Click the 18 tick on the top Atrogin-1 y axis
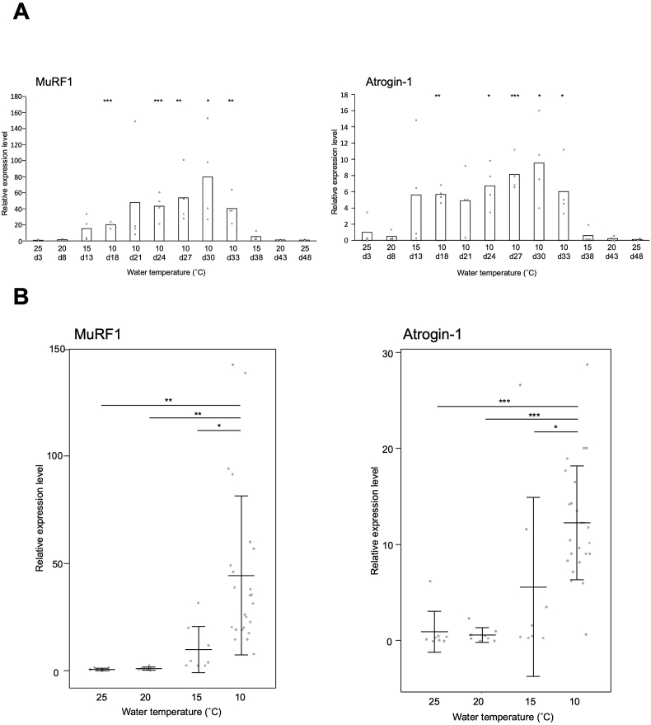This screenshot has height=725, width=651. tap(351, 95)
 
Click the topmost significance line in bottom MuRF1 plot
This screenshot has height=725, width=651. tap(171, 405)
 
